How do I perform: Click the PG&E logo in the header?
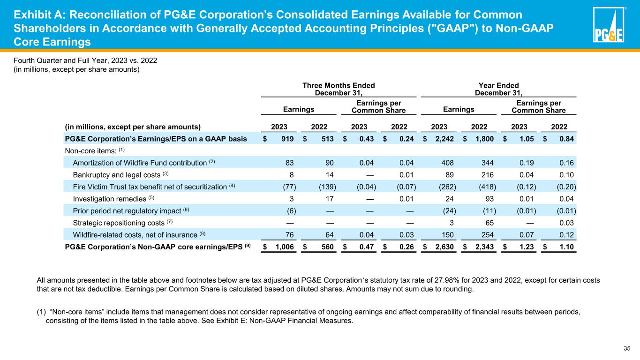pos(608,25)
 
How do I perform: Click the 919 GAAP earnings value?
pos(287,138)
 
